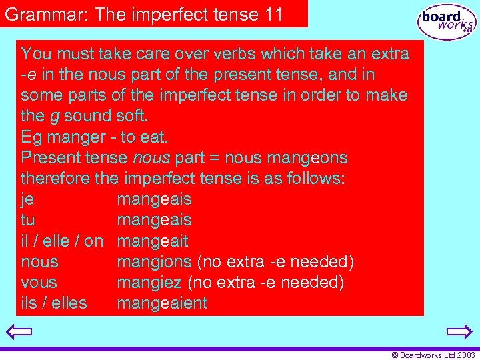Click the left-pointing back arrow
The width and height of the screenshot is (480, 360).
tap(21, 331)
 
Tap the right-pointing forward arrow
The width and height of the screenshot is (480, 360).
tap(459, 331)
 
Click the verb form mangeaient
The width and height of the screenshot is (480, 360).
tap(162, 303)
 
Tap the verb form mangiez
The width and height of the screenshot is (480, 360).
tap(150, 283)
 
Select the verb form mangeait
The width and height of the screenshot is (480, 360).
tap(153, 241)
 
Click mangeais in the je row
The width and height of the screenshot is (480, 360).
tap(154, 199)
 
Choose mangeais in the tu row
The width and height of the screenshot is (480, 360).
tap(154, 220)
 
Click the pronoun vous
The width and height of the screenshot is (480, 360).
tap(39, 283)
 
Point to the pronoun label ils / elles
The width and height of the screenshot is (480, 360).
tap(53, 303)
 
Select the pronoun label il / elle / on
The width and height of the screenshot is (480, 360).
tap(62, 241)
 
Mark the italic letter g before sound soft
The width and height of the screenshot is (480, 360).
tap(54, 117)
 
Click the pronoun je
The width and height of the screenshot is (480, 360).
tap(27, 199)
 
